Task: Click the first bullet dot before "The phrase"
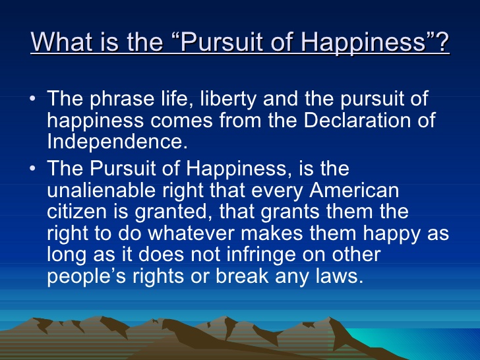pos(34,100)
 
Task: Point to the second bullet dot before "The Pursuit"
pos(34,169)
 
